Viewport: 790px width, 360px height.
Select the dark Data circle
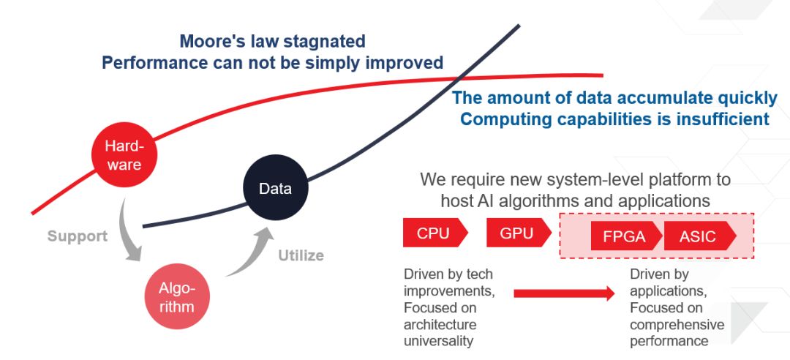275,189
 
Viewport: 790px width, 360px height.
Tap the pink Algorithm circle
176,297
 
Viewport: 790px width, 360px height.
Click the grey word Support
78,236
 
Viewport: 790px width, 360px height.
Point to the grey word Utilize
301,255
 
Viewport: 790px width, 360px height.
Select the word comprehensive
677,324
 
